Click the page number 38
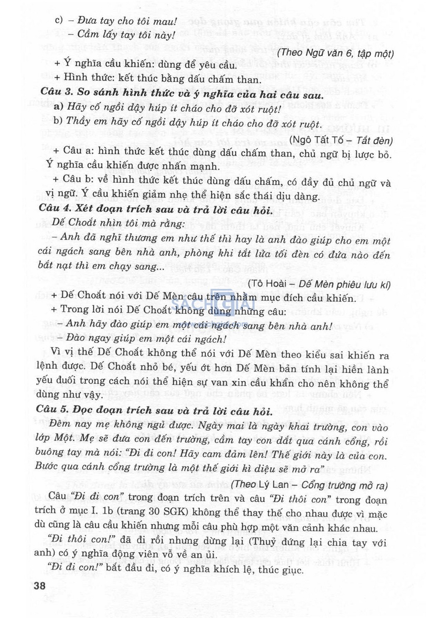[x=40, y=586]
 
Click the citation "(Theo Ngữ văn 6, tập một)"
[x=335, y=53]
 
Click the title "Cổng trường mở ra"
[x=344, y=485]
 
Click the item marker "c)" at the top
[x=59, y=20]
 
